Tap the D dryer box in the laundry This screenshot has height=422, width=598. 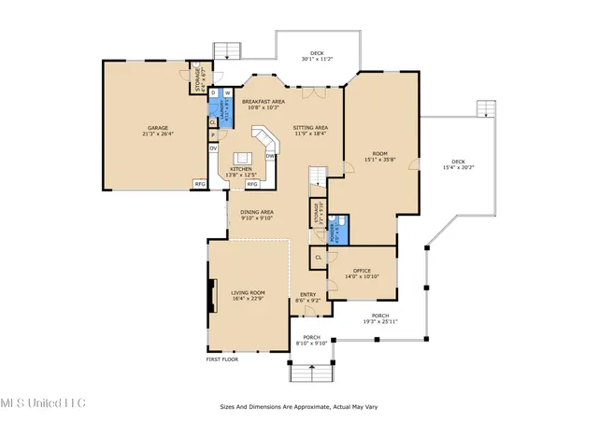pyautogui.click(x=213, y=93)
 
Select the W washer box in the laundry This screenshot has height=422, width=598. pyautogui.click(x=227, y=93)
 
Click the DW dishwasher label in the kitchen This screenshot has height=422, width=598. pyautogui.click(x=269, y=156)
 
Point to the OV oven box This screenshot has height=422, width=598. pyautogui.click(x=213, y=148)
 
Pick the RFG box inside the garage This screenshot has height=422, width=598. pyautogui.click(x=200, y=184)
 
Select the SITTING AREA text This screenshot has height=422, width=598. pyautogui.click(x=311, y=131)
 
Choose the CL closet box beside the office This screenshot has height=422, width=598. pyautogui.click(x=318, y=257)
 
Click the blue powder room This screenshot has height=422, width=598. pyautogui.click(x=342, y=227)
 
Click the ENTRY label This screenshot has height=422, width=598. pyautogui.click(x=307, y=297)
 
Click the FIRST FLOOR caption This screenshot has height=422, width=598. pyautogui.click(x=223, y=359)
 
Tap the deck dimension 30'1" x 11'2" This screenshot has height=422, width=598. pyautogui.click(x=318, y=60)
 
